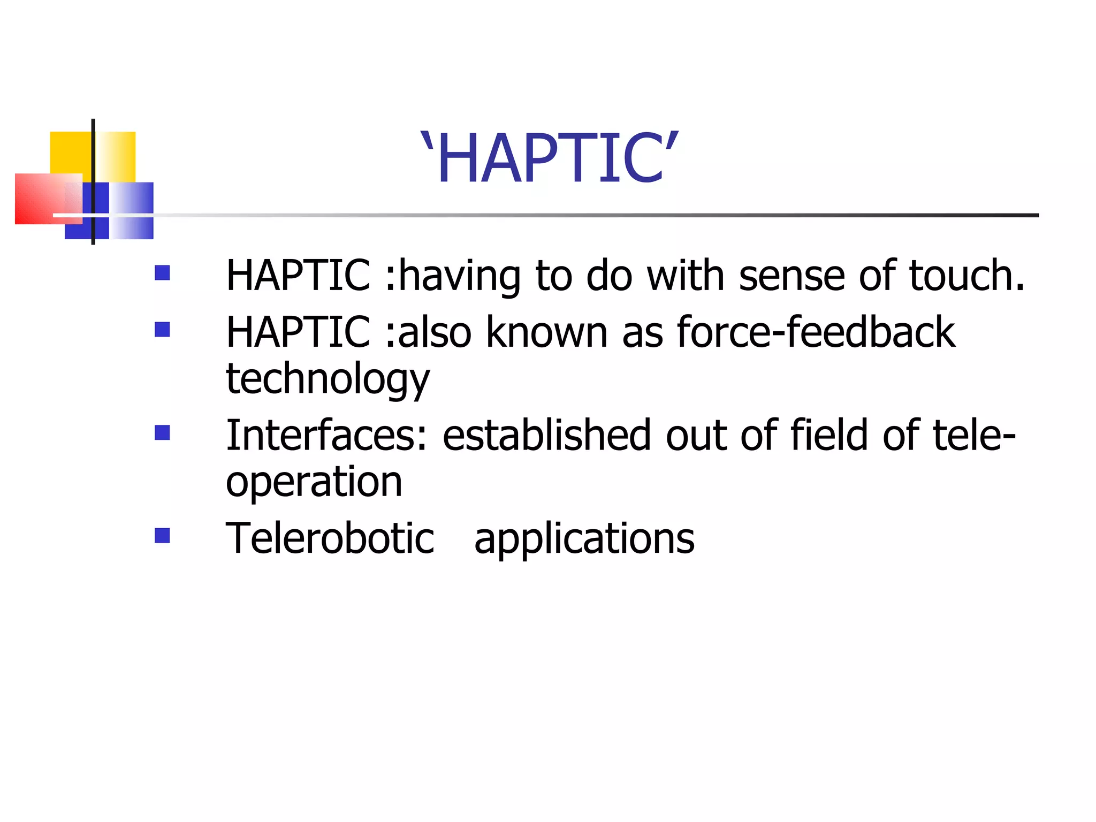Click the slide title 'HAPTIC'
coord(550,158)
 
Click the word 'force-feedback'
coord(816,332)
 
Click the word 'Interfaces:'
coord(327,435)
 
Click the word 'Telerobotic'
coord(330,538)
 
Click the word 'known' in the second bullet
coord(547,332)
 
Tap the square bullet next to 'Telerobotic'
coord(162,536)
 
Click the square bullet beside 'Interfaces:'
coord(162,432)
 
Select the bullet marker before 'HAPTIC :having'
coord(162,273)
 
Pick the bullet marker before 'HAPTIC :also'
coord(162,329)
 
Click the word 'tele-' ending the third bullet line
coord(974,435)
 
